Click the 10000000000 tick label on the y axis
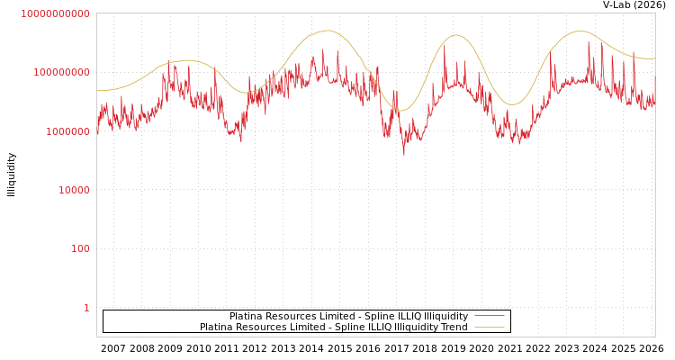pos(55,13)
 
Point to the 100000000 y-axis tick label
pos(60,72)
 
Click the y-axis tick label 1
pos(86,308)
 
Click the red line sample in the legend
pos(489,317)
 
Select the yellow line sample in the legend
pos(489,328)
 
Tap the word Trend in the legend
pos(454,328)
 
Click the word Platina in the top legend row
pos(246,317)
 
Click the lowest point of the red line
pos(403,155)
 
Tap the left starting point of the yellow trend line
pos(97,90)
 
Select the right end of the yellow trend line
pos(654,58)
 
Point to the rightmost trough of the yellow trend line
pos(513,104)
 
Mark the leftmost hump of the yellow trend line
pos(186,60)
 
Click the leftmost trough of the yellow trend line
pos(247,93)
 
